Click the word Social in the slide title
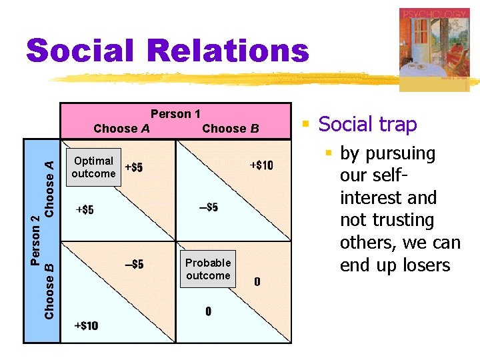[79, 51]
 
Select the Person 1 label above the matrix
[175, 114]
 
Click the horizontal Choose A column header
[121, 128]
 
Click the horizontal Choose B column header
[230, 128]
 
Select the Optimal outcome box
[93, 167]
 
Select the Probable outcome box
[208, 269]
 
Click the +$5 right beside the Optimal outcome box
[133, 167]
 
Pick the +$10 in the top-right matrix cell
[261, 165]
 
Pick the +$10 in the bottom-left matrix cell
[86, 325]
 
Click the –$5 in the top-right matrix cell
[208, 207]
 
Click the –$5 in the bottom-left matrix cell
[134, 265]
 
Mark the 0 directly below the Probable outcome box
[208, 311]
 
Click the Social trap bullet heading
[367, 124]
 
